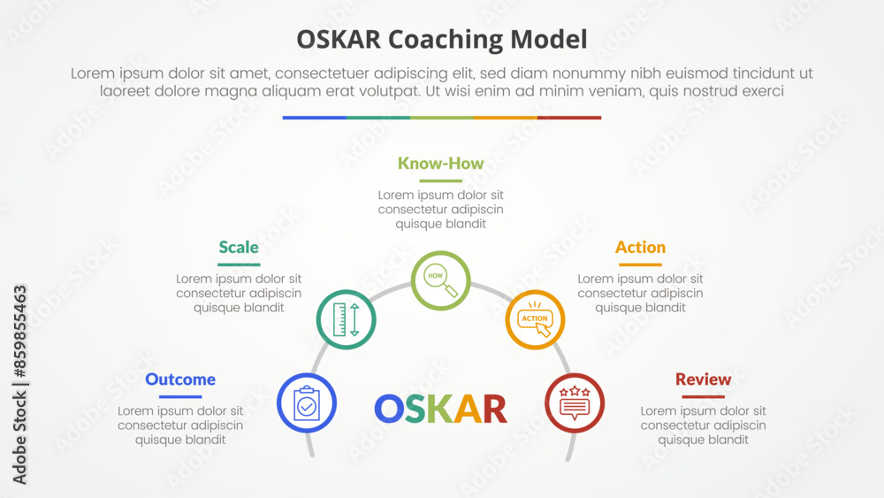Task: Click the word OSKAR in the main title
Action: [339, 40]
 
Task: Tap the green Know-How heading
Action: [441, 163]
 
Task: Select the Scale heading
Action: [239, 247]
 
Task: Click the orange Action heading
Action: [640, 247]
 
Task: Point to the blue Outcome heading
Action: [180, 379]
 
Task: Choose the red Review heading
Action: [703, 379]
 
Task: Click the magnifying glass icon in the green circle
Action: [441, 280]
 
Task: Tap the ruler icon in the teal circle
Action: [347, 320]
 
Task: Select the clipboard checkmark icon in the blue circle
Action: [307, 403]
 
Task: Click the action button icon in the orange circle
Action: [535, 320]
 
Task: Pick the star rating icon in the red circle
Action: [575, 402]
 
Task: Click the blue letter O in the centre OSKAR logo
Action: [389, 409]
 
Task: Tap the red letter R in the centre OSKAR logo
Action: [495, 409]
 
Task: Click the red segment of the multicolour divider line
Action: [569, 118]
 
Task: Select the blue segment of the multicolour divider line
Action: [315, 118]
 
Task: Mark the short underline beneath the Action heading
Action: [640, 264]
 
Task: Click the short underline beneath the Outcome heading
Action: [180, 396]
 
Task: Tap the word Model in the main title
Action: [549, 40]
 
